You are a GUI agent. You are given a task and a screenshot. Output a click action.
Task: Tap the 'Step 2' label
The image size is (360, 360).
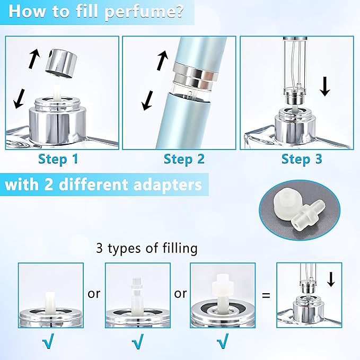[183, 159]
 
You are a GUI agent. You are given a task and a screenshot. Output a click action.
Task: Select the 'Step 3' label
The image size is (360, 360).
[301, 159]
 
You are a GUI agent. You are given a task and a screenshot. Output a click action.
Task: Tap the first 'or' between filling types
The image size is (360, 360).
[94, 293]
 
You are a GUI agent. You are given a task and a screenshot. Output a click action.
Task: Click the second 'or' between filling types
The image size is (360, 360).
[180, 293]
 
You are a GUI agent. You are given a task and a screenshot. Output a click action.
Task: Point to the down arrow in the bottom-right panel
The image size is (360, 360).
[331, 279]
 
